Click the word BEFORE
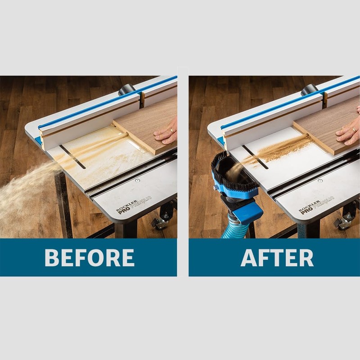click(89, 257)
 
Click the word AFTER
click(277, 257)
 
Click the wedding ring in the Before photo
click(171, 130)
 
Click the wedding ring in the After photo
click(353, 129)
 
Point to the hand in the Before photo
click(166, 132)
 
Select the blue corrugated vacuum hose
click(232, 228)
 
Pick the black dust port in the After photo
click(309, 89)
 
